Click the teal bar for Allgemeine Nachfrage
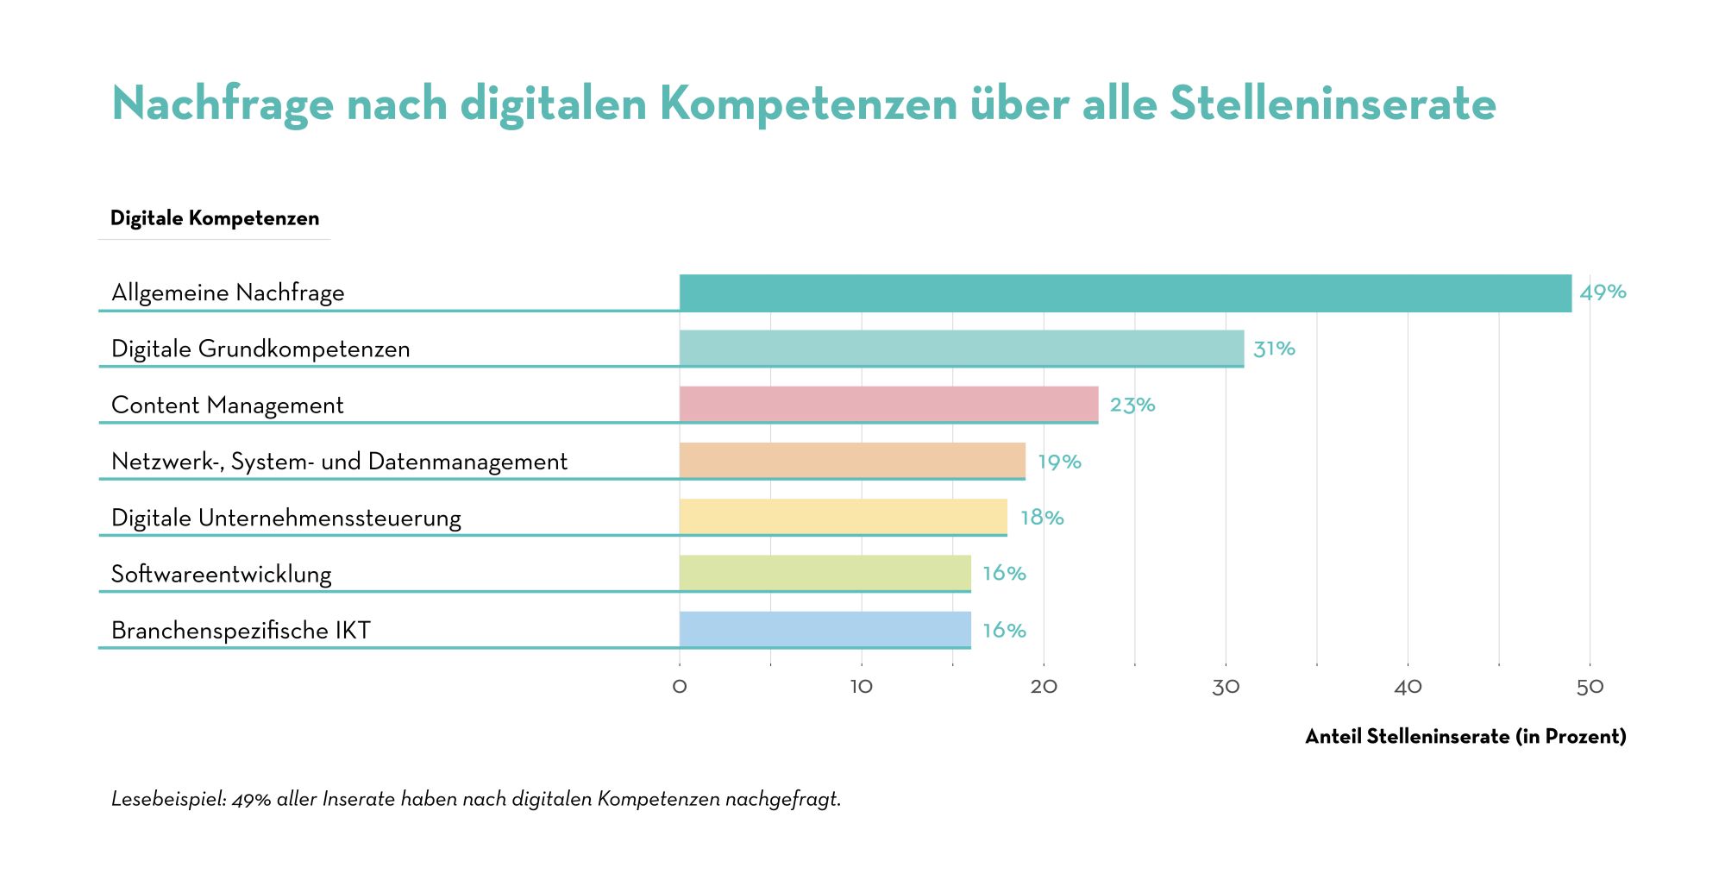click(1126, 292)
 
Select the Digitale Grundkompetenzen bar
click(962, 349)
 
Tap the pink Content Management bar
click(889, 405)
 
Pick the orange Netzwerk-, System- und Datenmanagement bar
click(852, 461)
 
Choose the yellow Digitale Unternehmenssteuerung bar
click(844, 517)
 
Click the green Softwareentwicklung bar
click(825, 574)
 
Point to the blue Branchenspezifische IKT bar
click(825, 630)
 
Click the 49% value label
click(1603, 292)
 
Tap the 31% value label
click(1274, 349)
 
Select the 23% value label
click(1132, 405)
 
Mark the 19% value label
click(1059, 462)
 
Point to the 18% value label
click(1042, 518)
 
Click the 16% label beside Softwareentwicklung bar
click(1005, 574)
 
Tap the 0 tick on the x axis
click(680, 687)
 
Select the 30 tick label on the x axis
click(1226, 687)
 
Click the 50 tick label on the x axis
click(1590, 687)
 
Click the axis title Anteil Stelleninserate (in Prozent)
click(1465, 737)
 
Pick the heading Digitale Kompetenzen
click(215, 218)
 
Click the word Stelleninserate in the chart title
click(1333, 104)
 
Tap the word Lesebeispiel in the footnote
click(168, 800)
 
